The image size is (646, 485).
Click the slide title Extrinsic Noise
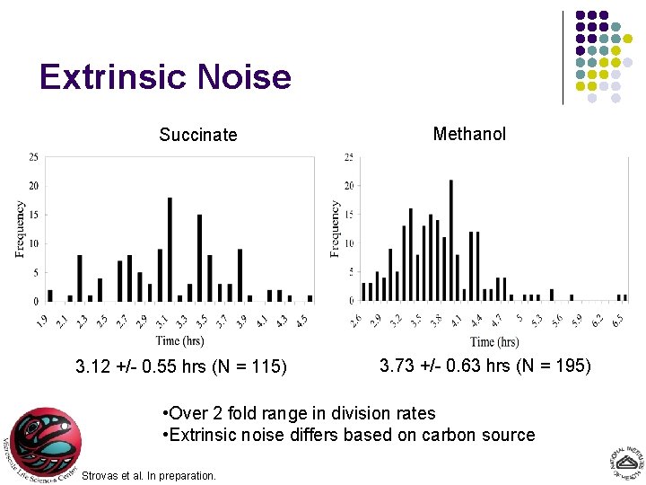click(165, 77)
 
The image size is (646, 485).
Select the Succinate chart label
click(197, 135)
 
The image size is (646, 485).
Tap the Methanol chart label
click(469, 134)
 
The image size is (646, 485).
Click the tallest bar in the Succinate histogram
click(170, 249)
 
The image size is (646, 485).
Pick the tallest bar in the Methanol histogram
click(450, 240)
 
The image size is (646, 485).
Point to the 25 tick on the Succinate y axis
click(33, 157)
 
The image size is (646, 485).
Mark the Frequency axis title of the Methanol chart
click(336, 229)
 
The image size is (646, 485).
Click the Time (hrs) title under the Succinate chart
click(179, 340)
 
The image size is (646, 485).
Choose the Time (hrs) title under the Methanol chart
click(494, 341)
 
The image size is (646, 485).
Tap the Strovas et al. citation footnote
click(148, 475)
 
